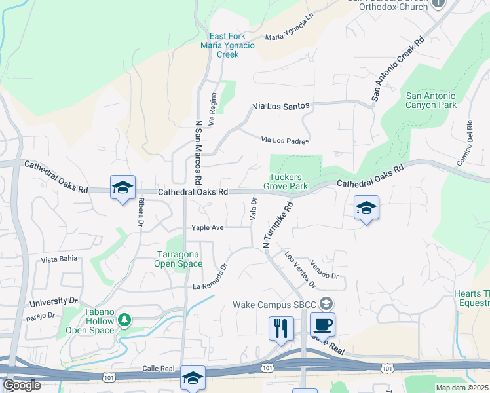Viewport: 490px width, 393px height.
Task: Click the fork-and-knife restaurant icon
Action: click(281, 328)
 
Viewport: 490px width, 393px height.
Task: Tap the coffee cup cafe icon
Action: click(322, 325)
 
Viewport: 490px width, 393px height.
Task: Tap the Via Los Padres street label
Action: click(285, 140)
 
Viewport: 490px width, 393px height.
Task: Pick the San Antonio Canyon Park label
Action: click(431, 100)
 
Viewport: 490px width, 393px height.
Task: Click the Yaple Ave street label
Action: click(208, 227)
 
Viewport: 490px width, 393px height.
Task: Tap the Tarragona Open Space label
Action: click(178, 259)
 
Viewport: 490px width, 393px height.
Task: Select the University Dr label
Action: click(54, 301)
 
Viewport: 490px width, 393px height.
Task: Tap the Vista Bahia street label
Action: click(60, 259)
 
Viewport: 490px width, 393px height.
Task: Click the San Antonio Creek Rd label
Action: click(398, 67)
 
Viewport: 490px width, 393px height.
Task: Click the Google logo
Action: click(22, 385)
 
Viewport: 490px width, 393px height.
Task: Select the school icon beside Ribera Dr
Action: click(122, 188)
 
